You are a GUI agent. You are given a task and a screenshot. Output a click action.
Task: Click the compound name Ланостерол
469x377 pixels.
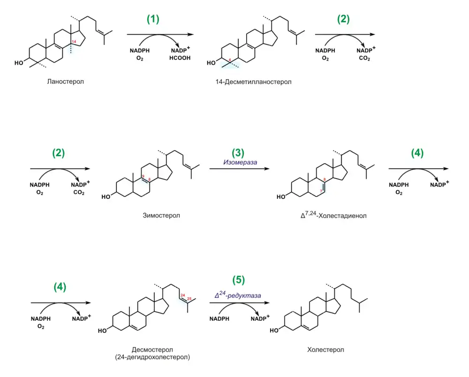click(x=65, y=82)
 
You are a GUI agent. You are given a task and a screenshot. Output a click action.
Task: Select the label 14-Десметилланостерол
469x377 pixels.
click(x=251, y=82)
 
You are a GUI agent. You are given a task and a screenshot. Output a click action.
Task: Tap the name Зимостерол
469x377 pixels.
click(x=161, y=216)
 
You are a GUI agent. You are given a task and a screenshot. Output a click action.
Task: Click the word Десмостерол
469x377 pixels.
click(x=152, y=350)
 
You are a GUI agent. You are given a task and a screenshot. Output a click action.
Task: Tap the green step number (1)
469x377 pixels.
click(x=153, y=19)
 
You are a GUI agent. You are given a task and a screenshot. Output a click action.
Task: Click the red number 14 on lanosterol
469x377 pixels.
click(x=74, y=43)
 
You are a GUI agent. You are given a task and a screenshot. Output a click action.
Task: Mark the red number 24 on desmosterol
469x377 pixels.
click(x=182, y=295)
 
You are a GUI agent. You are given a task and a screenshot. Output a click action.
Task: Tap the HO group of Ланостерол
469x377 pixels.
click(x=19, y=62)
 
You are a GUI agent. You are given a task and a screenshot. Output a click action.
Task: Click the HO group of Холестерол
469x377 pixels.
click(x=278, y=331)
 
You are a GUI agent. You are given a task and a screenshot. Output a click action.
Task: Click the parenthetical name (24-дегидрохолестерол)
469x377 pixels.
click(x=152, y=357)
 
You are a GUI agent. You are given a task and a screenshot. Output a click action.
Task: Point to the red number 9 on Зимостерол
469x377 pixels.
click(x=143, y=176)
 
